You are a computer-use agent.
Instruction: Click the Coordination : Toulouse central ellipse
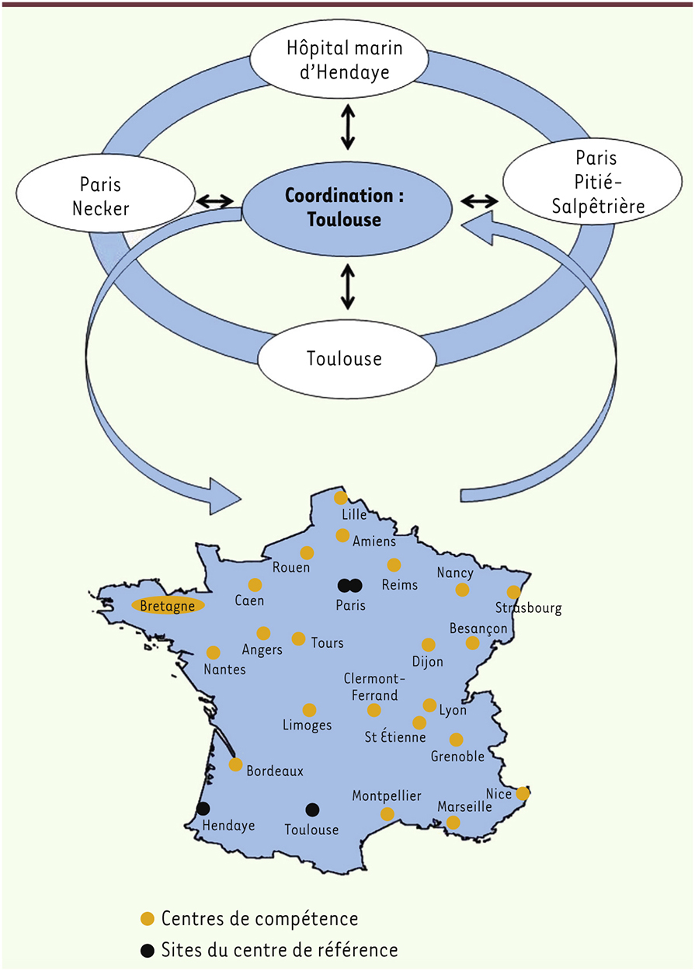[x=347, y=208]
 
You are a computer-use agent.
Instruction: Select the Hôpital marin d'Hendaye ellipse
[x=339, y=58]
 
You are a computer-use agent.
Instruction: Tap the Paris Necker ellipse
[x=106, y=193]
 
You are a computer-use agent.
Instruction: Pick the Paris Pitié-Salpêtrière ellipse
[x=592, y=182]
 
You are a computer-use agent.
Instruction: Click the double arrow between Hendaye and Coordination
[x=348, y=128]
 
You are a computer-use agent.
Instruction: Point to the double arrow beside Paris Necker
[x=214, y=200]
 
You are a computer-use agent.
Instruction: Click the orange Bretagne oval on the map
[x=168, y=606]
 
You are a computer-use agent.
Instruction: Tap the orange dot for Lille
[x=341, y=498]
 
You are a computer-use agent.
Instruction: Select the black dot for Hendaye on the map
[x=203, y=809]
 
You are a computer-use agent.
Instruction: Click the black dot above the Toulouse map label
[x=312, y=809]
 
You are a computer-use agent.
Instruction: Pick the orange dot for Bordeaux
[x=236, y=764]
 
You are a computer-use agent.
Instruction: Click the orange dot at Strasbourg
[x=513, y=592]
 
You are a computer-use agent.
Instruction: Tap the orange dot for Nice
[x=523, y=793]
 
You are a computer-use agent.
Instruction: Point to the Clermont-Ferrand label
[x=374, y=687]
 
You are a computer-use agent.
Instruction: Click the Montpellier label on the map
[x=387, y=796]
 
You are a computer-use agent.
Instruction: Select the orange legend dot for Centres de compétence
[x=148, y=918]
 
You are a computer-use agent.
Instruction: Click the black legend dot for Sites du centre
[x=148, y=951]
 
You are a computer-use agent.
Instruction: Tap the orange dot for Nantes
[x=214, y=653]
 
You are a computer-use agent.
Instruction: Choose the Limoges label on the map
[x=308, y=726]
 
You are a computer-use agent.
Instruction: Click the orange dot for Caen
[x=255, y=585]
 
